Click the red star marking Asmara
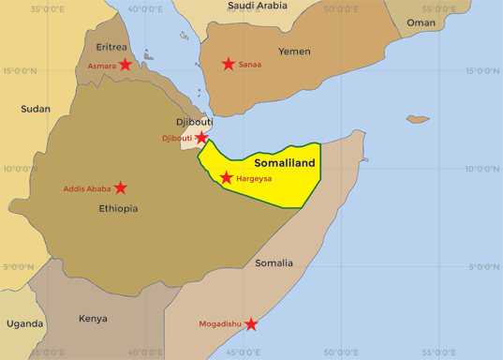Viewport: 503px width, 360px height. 126,65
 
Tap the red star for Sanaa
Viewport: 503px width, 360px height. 229,64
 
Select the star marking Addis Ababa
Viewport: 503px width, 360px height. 121,187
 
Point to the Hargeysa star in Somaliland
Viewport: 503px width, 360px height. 227,177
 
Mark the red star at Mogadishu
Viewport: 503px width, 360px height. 251,324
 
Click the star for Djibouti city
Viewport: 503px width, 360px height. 201,138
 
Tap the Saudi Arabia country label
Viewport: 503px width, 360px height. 258,6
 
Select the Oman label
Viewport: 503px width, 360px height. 421,22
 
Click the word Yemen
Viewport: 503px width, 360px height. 294,51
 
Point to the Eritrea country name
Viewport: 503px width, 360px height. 112,46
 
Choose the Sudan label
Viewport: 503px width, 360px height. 36,109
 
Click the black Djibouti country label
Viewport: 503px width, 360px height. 194,122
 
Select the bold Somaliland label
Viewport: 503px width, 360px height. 286,162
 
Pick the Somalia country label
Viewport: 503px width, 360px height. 274,262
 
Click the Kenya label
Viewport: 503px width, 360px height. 93,318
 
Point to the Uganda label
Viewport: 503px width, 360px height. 24,323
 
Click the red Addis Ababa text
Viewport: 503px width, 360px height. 87,188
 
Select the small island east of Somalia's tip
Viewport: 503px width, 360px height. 417,119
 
